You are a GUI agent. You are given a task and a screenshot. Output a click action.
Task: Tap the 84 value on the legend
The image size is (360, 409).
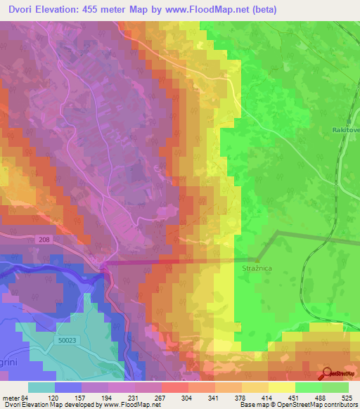click(25, 397)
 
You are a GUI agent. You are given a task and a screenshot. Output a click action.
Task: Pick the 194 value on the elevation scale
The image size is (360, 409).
click(108, 397)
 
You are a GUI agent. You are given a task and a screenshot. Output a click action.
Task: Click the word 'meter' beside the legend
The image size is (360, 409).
click(11, 397)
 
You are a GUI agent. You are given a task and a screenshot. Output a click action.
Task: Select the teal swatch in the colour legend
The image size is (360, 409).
click(41, 387)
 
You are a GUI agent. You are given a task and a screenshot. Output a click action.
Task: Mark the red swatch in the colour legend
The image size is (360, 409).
click(175, 387)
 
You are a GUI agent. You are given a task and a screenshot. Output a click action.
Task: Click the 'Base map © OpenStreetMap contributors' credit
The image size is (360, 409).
click(298, 405)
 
